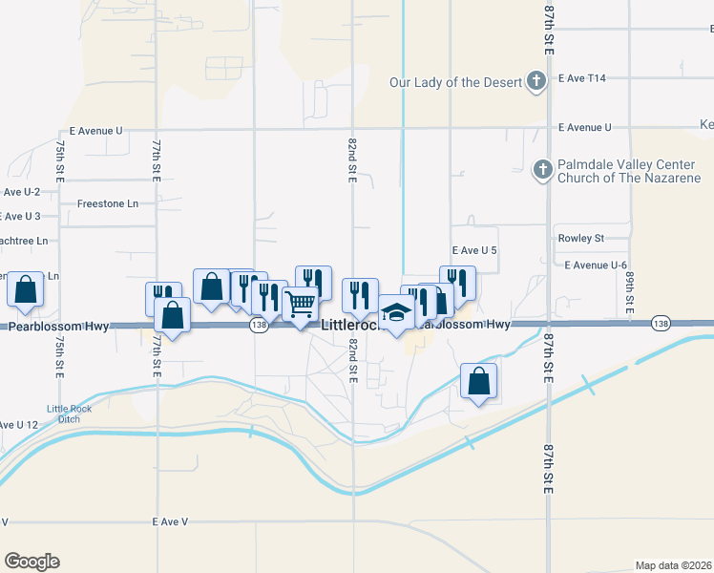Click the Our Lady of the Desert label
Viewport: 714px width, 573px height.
(x=454, y=81)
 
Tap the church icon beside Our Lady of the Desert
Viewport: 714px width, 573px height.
(x=536, y=81)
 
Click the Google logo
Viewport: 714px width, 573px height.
(x=31, y=562)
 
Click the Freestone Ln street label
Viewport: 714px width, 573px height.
(x=107, y=203)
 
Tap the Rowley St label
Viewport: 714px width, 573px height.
(x=580, y=238)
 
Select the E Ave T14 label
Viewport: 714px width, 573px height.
(x=582, y=77)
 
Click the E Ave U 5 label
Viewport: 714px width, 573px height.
(x=475, y=250)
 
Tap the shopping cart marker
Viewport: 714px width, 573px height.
(x=301, y=307)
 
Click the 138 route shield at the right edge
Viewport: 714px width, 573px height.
(x=660, y=324)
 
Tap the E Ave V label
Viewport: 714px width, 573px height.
(x=171, y=521)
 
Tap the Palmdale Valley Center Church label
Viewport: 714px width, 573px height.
(x=630, y=171)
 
